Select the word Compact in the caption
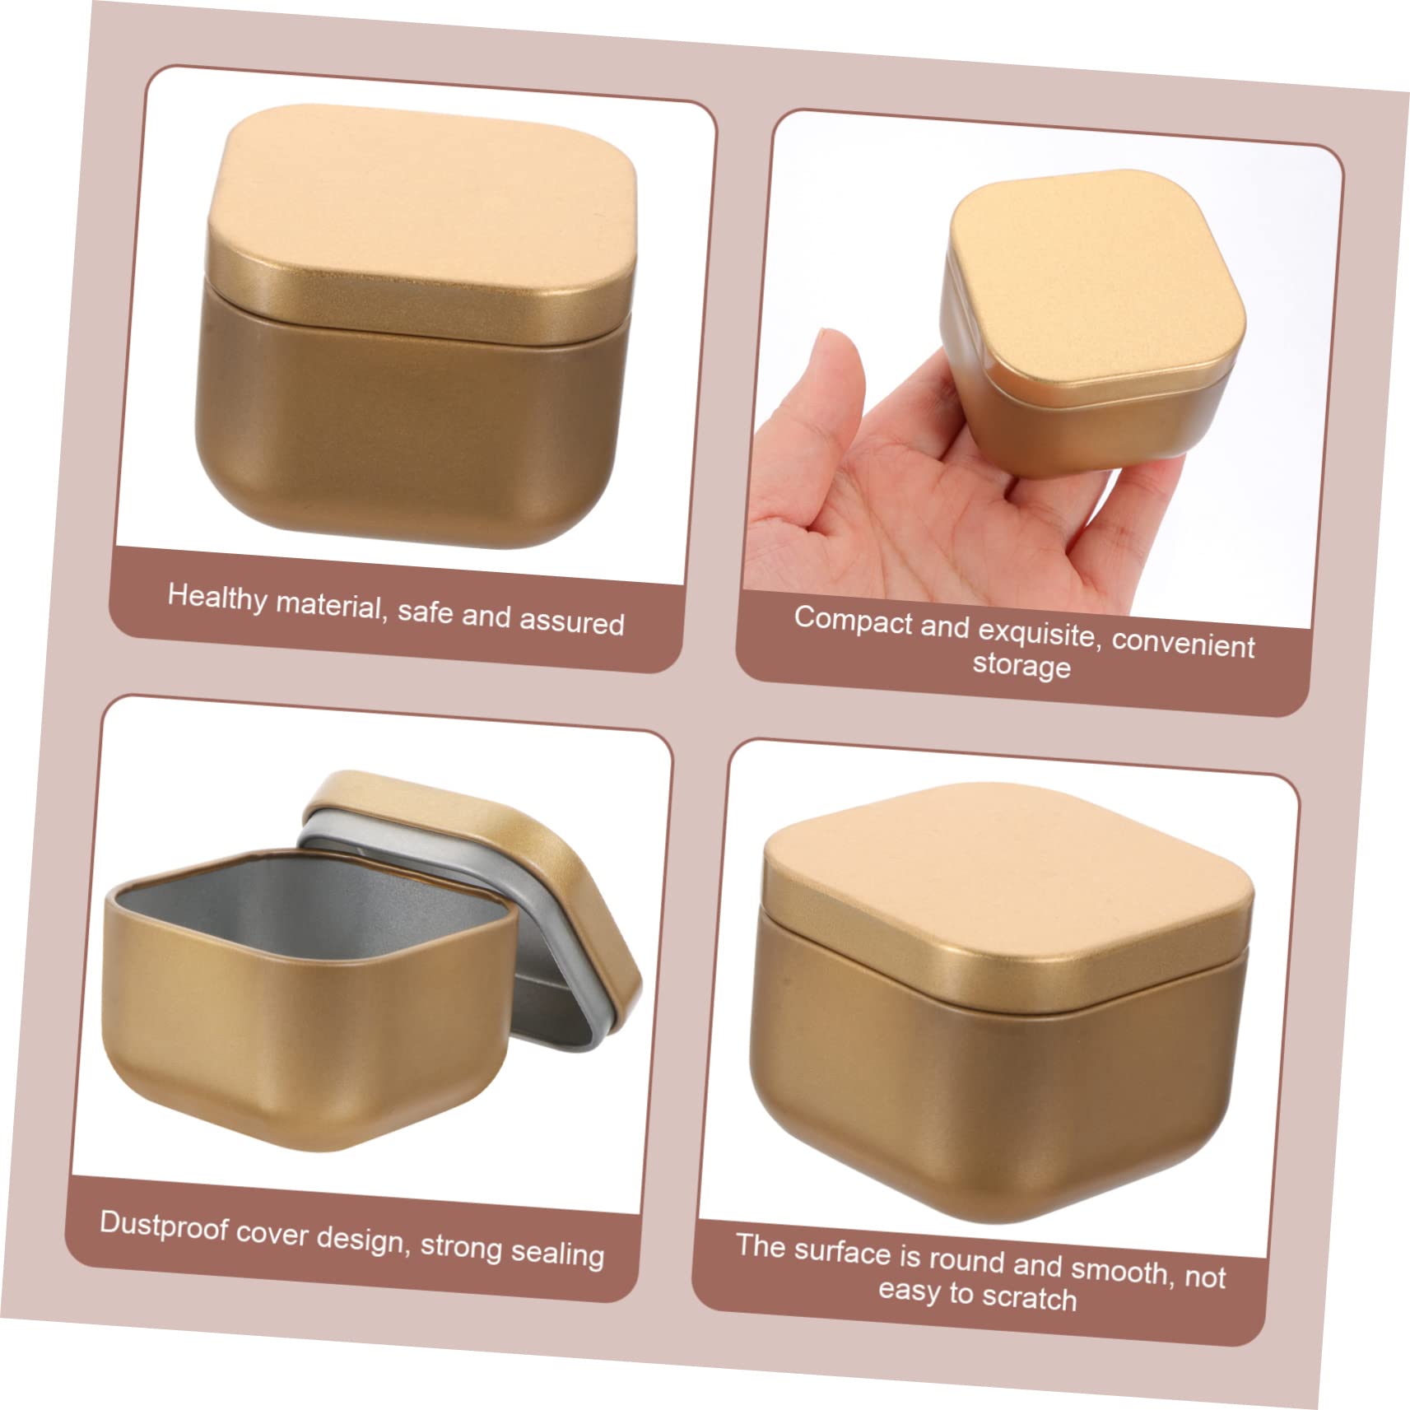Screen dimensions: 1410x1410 (x=854, y=620)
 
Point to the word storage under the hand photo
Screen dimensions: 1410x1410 (x=1021, y=664)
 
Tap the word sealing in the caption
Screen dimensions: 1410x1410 (x=557, y=1252)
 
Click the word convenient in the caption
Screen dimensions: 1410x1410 (x=1183, y=643)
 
